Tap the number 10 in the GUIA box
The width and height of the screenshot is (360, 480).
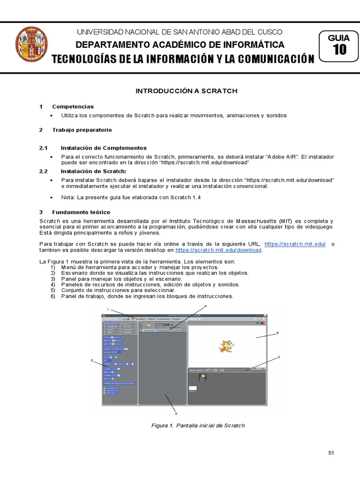pyautogui.click(x=339, y=50)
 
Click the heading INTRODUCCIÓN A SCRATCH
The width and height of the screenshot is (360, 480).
pyautogui.click(x=187, y=90)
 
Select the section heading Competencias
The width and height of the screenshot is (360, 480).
pyautogui.click(x=73, y=106)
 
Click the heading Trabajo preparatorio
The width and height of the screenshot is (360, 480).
pyautogui.click(x=82, y=129)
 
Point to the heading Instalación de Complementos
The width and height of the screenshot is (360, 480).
pyautogui.click(x=104, y=148)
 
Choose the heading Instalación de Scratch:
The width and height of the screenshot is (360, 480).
pyautogui.click(x=94, y=171)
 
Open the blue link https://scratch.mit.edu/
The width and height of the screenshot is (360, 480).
pyautogui.click(x=295, y=244)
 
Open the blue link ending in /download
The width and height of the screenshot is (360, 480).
pyautogui.click(x=218, y=250)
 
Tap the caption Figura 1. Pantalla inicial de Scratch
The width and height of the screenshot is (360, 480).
pyautogui.click(x=198, y=426)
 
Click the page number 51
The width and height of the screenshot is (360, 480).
pyautogui.click(x=331, y=452)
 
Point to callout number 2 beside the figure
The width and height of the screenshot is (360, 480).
pyautogui.click(x=277, y=333)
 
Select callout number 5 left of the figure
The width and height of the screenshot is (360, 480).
pyautogui.click(x=92, y=360)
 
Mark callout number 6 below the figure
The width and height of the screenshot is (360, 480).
pyautogui.click(x=176, y=414)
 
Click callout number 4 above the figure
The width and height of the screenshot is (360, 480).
pyautogui.click(x=205, y=306)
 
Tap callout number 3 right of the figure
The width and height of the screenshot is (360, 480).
pyautogui.click(x=278, y=357)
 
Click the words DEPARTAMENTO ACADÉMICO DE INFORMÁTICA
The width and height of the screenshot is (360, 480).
pyautogui.click(x=180, y=45)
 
